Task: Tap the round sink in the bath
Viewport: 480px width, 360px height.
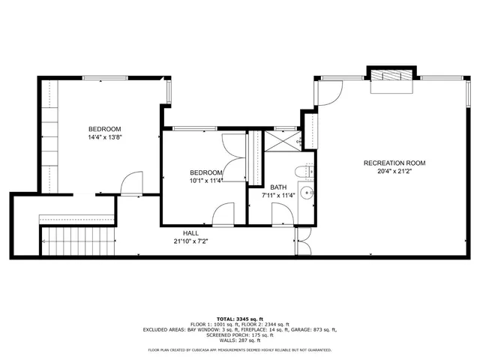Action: click(306, 193)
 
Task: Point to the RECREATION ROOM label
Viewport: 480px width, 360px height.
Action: click(394, 163)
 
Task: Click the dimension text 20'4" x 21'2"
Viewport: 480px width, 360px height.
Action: click(394, 172)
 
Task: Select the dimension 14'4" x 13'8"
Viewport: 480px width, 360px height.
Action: click(104, 137)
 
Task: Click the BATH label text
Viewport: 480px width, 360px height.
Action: click(278, 187)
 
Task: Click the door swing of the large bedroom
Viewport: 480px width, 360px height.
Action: click(132, 183)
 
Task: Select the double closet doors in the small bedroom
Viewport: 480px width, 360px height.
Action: click(234, 157)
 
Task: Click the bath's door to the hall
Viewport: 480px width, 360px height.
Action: click(283, 213)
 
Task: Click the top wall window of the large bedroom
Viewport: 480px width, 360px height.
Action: click(103, 77)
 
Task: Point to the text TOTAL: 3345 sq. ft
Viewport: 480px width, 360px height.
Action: click(240, 319)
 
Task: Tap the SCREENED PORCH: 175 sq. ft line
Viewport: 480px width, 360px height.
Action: click(240, 335)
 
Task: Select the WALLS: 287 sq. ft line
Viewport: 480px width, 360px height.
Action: click(240, 340)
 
